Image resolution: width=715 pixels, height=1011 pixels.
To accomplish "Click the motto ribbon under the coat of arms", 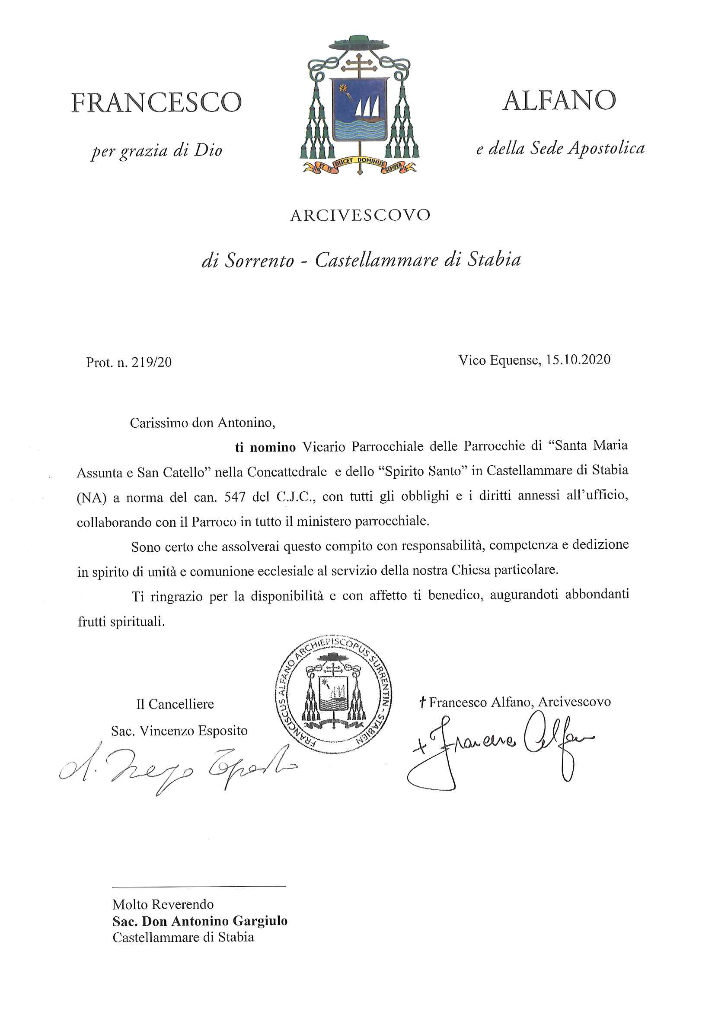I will click(359, 164).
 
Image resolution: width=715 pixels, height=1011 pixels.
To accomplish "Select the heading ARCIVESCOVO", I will click(360, 215).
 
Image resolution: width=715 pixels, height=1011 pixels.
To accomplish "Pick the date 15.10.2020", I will click(578, 360).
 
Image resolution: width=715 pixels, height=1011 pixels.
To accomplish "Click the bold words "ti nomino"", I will click(265, 447).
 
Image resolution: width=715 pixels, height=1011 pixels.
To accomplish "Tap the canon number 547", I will click(234, 498).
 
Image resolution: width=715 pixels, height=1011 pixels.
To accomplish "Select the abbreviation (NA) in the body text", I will click(92, 498).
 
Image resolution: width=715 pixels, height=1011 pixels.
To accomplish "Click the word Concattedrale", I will click(287, 472).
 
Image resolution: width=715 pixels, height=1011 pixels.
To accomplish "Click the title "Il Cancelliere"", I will click(175, 704).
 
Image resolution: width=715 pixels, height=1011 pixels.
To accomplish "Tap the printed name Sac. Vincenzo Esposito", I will click(179, 731).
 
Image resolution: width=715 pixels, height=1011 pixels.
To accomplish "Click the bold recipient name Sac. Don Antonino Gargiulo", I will click(200, 921).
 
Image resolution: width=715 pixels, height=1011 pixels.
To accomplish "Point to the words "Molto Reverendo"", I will click(163, 904).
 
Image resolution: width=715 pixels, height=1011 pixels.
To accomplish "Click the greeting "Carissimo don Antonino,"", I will click(202, 423).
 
